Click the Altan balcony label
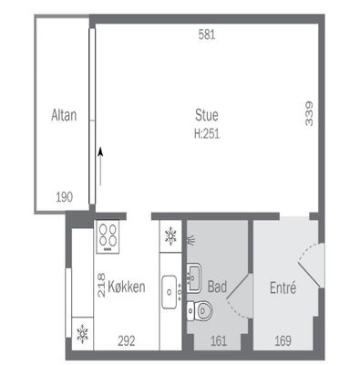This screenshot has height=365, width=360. [x=64, y=115]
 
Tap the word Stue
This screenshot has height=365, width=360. [x=207, y=115]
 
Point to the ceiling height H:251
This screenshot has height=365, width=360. [x=207, y=133]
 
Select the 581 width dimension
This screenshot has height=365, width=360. [x=207, y=35]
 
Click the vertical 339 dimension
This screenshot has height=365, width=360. [x=309, y=114]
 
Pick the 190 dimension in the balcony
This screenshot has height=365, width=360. [x=65, y=197]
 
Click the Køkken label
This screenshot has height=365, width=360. [x=127, y=287]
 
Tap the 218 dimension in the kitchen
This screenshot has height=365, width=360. [x=101, y=285]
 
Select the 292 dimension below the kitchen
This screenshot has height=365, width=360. [x=127, y=341]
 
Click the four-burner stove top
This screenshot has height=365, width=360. [x=108, y=237]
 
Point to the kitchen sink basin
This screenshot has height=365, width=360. [x=170, y=292]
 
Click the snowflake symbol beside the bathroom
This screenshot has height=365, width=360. [x=170, y=236]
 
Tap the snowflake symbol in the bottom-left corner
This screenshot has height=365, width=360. [x=82, y=334]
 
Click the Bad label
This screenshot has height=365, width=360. [x=217, y=287]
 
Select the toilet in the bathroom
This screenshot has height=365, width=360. [x=200, y=310]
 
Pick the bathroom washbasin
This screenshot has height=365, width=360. [x=193, y=277]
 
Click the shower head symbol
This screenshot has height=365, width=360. [x=190, y=239]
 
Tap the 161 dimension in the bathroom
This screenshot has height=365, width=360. [x=219, y=341]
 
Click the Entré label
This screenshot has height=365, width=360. [x=283, y=287]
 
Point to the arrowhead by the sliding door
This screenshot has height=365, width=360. [x=100, y=151]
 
